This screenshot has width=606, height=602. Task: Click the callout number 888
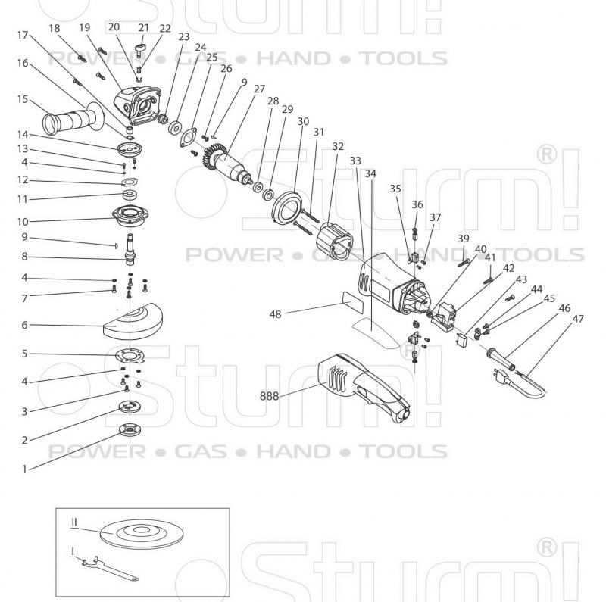(270, 395)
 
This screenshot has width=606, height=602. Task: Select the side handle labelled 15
(68, 118)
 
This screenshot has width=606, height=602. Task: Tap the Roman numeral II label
(76, 522)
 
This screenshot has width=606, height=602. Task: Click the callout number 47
(578, 319)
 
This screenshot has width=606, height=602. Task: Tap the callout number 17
(23, 36)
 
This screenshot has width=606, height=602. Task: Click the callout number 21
(143, 28)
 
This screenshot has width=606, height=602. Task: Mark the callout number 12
(23, 180)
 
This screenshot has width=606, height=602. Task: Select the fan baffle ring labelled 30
(289, 207)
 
